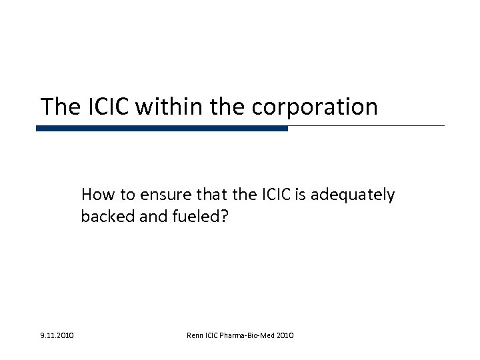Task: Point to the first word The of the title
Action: (55, 106)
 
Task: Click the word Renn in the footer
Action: (196, 334)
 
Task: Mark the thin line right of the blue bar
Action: (366, 126)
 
